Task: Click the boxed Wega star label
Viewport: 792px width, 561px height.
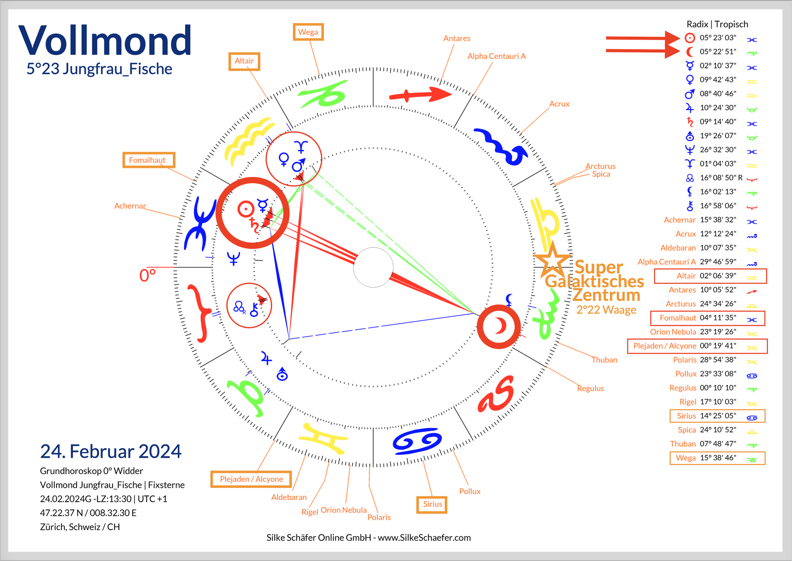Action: click(308, 32)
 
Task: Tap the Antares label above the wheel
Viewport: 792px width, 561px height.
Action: click(457, 38)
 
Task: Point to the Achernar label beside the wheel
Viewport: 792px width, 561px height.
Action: click(130, 206)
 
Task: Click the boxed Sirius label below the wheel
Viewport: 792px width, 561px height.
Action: click(432, 504)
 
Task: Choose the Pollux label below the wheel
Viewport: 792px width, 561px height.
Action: click(469, 491)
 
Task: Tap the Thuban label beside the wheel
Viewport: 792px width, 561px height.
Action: click(604, 360)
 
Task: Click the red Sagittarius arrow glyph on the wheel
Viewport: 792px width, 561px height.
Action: click(421, 95)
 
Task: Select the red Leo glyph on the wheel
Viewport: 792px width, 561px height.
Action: click(497, 395)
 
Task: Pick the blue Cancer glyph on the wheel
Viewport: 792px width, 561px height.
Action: click(417, 441)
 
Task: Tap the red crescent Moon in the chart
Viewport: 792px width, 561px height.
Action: click(500, 326)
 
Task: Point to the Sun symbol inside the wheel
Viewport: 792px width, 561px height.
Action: click(246, 209)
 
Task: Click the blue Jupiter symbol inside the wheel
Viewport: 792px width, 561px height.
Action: click(266, 359)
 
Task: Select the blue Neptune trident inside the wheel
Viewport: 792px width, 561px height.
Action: click(233, 258)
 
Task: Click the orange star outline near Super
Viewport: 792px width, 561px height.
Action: click(552, 261)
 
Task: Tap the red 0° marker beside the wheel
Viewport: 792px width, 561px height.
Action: click(147, 275)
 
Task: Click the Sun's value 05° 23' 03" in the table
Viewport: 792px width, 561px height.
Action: click(718, 38)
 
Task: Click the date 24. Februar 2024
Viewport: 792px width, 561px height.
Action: click(111, 451)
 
